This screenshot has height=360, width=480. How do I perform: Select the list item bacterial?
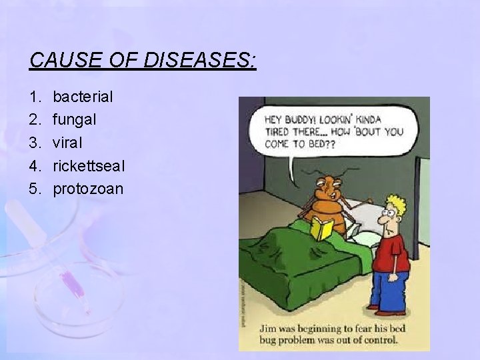tap(83, 97)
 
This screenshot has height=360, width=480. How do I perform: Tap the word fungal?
tap(75, 119)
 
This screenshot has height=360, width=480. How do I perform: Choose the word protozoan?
tap(88, 189)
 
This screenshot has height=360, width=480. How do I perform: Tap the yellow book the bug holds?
tap(323, 229)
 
